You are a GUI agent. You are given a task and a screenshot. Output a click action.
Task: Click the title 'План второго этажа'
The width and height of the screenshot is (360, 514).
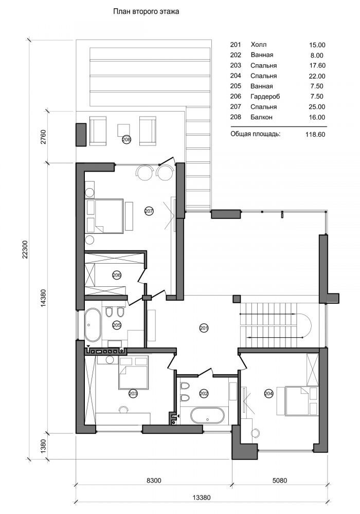coord(146,12)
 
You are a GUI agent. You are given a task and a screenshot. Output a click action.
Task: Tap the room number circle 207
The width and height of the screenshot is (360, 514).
coord(149,211)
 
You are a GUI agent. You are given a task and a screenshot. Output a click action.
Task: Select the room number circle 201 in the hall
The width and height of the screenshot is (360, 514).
coord(204,327)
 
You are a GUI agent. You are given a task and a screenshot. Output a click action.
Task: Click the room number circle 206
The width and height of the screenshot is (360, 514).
coord(117,274)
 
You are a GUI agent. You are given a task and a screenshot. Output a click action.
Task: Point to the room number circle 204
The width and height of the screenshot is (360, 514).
coord(268,394)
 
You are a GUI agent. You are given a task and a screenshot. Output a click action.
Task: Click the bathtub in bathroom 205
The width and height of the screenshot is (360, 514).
coord(93,324)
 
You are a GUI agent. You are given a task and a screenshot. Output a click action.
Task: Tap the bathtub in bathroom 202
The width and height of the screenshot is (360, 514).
coord(207,415)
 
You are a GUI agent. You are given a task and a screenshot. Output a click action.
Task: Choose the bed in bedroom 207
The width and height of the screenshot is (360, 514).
coord(104,216)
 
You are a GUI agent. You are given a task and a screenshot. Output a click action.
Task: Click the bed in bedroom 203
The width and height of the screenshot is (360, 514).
coord(133,373)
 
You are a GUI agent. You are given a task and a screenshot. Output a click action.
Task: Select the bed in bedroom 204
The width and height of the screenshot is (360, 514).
coord(301,401)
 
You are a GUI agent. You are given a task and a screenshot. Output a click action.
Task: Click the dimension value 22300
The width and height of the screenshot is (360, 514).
coord(25,250)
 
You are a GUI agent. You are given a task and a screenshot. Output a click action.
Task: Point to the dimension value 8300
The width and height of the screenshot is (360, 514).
coord(153,481)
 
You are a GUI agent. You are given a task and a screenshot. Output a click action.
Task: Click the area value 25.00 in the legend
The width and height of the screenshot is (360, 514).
coord(317,107)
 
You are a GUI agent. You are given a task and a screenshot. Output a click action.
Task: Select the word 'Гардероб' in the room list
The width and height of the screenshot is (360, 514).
coord(265,97)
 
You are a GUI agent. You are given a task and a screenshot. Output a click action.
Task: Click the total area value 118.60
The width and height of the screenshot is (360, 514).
coord(315,134)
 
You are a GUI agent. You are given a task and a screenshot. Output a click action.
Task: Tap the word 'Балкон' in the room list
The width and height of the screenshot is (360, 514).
coord(261,117)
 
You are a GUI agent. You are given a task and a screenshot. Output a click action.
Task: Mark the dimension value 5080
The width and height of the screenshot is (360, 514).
coord(279,481)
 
